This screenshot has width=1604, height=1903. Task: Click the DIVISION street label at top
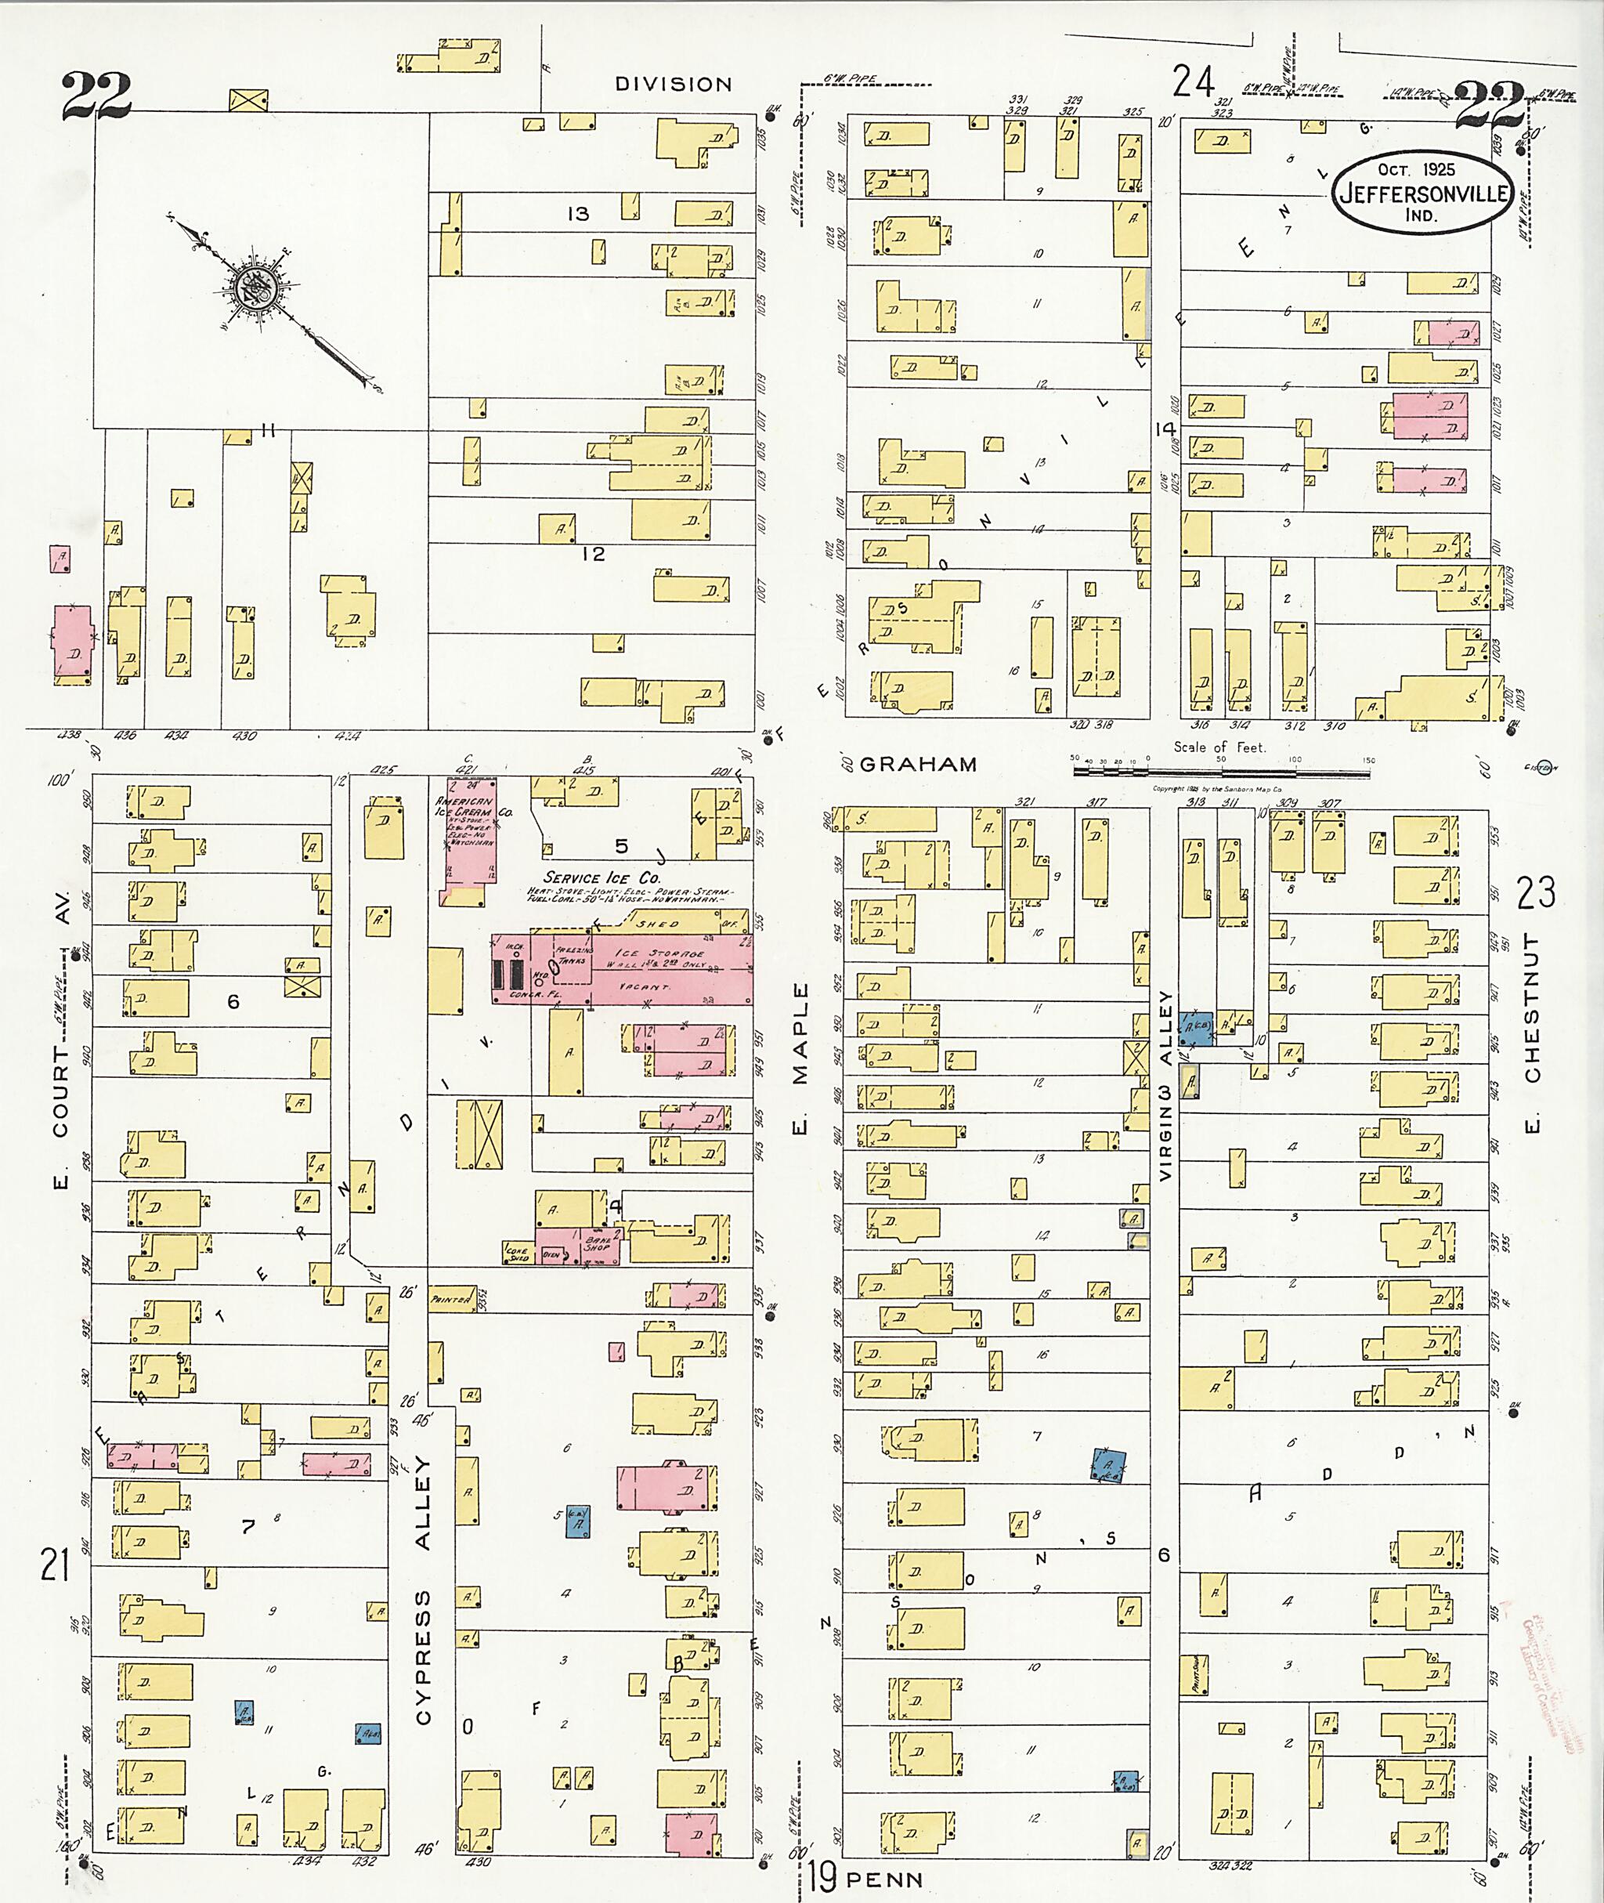coord(673,85)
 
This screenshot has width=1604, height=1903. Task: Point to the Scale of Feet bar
coord(1221,772)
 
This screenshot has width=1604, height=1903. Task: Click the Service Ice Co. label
coord(598,877)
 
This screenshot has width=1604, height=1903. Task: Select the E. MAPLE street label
coord(800,1059)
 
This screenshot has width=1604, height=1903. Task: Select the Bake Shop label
coord(598,1243)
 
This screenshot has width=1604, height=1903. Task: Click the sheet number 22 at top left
coord(96,96)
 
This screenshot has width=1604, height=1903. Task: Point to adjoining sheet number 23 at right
coord(1536,892)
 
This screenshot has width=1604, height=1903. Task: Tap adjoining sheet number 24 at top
coord(1193,81)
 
